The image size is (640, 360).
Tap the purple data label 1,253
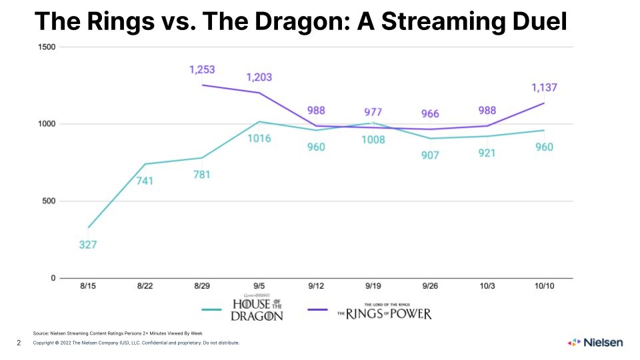pyautogui.click(x=202, y=70)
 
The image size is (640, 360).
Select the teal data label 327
pyautogui.click(x=88, y=245)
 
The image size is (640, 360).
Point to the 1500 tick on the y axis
pyautogui.click(x=47, y=47)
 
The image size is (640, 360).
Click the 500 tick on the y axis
pyautogui.click(x=49, y=201)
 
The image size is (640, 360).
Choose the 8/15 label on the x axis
pyautogui.click(x=88, y=286)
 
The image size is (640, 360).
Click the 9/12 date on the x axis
pyautogui.click(x=316, y=286)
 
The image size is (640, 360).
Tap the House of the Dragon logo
pyautogui.click(x=257, y=308)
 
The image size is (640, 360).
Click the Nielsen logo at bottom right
pyautogui.click(x=595, y=343)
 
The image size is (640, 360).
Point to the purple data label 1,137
pyautogui.click(x=544, y=87)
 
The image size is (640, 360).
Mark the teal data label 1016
pyautogui.click(x=259, y=140)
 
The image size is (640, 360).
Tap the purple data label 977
pyautogui.click(x=373, y=112)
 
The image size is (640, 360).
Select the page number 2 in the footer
pyautogui.click(x=19, y=343)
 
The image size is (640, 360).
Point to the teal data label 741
pyautogui.click(x=145, y=181)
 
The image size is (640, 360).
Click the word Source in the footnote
pyautogui.click(x=41, y=333)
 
